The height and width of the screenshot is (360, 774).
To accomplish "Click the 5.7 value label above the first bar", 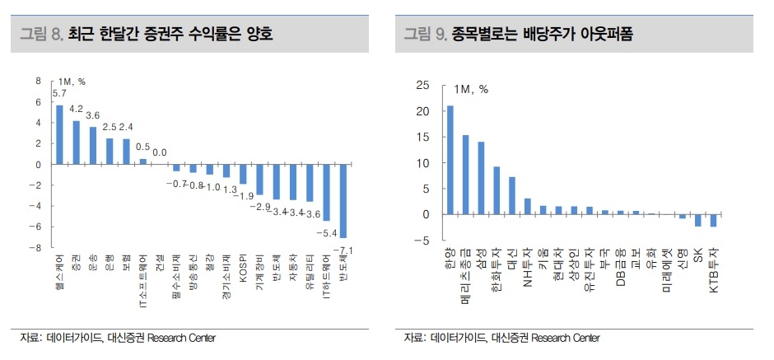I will pos(59,94).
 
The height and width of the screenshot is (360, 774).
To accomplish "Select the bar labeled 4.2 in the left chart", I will pos(77,142).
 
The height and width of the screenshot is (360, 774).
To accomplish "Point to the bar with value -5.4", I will pos(327,192).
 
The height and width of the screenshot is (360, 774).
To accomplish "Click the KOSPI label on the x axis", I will pos(244,273).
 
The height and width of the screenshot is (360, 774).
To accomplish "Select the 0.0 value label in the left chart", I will pos(160,152).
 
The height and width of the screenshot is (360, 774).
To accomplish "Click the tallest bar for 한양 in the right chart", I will pos(450,160).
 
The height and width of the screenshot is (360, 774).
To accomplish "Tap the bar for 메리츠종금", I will pos(465,175).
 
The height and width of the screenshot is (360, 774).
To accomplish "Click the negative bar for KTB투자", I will pos(713,220).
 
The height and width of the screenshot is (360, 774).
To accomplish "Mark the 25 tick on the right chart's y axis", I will pos(423,85).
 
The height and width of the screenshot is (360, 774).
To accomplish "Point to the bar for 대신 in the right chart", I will pos(512,195).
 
